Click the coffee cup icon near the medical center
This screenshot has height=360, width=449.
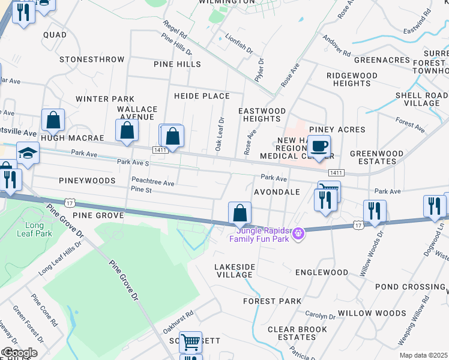pyautogui.click(x=319, y=146)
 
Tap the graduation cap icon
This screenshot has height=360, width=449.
pyautogui.click(x=28, y=153)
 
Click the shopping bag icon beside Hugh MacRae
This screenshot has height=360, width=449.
pyautogui.click(x=53, y=120)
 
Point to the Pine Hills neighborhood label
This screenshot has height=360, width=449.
pyautogui.click(x=177, y=64)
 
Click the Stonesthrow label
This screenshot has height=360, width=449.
pyautogui.click(x=92, y=59)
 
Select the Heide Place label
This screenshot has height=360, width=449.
pyautogui.click(x=202, y=96)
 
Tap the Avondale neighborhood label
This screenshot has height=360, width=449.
pyautogui.click(x=277, y=192)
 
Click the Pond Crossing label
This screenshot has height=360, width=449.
pyautogui.click(x=409, y=287)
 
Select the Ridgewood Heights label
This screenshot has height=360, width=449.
pyautogui.click(x=352, y=79)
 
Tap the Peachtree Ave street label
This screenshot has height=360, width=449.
pyautogui.click(x=152, y=182)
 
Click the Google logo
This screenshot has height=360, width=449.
pyautogui.click(x=19, y=352)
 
